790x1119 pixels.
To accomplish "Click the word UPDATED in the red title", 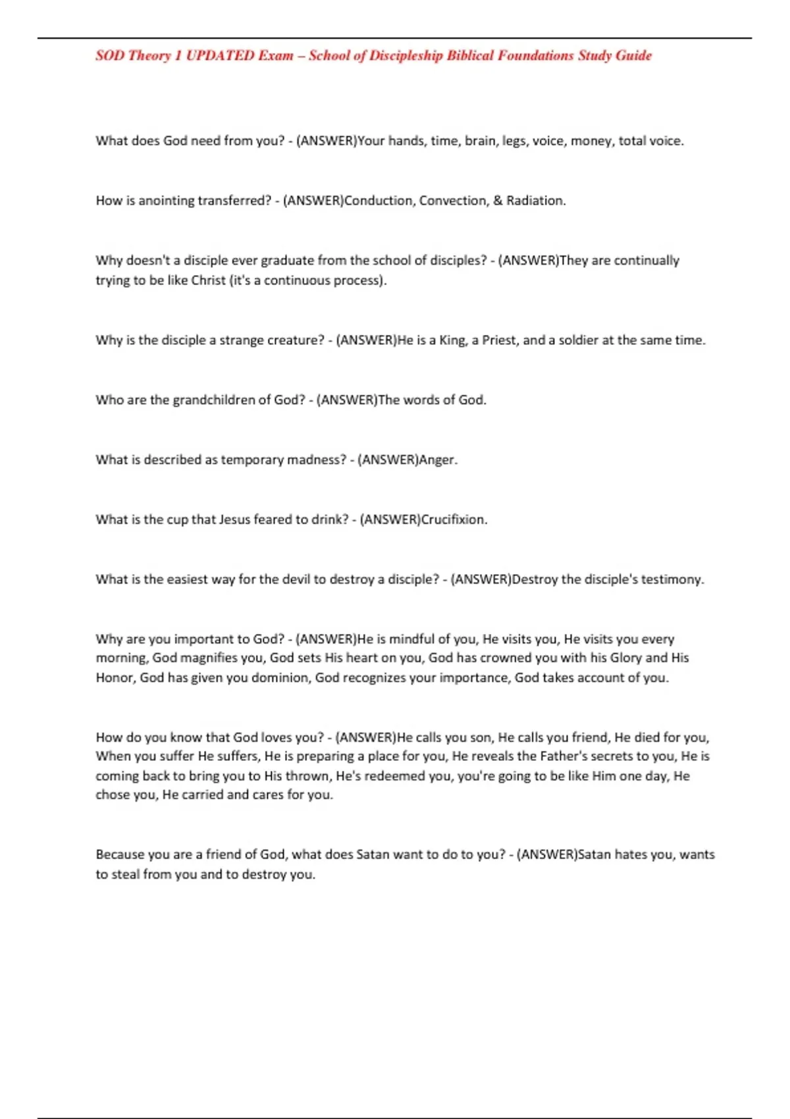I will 220,56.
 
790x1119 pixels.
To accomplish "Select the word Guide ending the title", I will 634,56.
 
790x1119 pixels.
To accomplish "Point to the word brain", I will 481,141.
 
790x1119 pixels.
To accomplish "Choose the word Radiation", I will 535,201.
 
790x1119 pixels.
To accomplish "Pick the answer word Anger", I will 438,460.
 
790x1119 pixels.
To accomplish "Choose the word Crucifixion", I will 454,520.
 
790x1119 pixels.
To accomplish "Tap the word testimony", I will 672,580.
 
